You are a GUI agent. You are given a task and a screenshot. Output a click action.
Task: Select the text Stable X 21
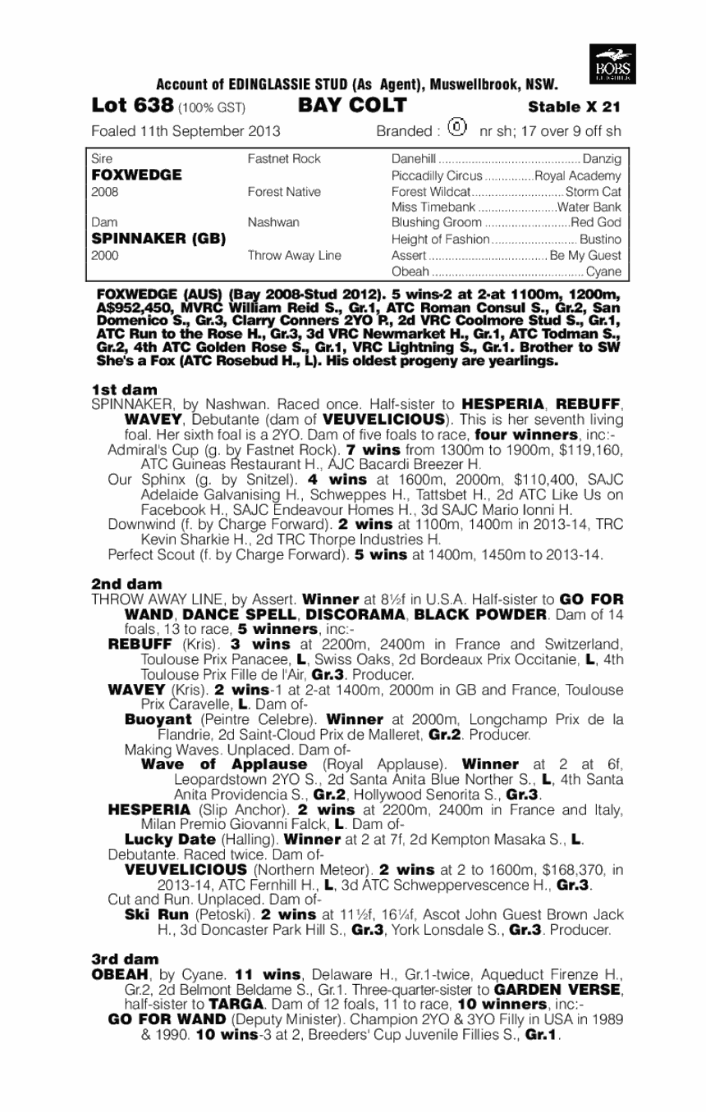(575, 107)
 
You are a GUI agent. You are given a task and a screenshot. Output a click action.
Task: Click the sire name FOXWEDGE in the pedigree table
(125, 175)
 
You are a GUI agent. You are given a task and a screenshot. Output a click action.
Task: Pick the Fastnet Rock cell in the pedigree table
(284, 159)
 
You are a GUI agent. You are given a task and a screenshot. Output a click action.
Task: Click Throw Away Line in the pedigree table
(294, 256)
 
